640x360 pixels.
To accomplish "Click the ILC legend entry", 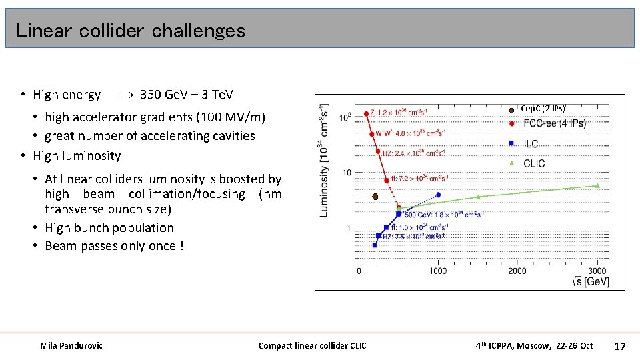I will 531,143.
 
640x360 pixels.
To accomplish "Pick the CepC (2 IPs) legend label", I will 543,108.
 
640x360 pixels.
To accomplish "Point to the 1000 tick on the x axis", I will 438,271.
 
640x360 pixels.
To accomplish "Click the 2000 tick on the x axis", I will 517,271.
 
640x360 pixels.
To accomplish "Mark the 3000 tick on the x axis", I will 597,271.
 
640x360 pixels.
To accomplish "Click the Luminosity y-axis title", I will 325,160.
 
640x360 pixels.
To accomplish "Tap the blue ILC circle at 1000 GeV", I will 438,195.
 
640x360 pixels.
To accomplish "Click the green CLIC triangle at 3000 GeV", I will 597,186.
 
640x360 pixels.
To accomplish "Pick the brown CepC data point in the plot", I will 375,197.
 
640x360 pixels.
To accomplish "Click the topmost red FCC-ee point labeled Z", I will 366,113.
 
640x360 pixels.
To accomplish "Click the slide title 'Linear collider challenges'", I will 131,30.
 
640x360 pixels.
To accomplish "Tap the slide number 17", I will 619,346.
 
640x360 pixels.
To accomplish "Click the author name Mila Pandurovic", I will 71,345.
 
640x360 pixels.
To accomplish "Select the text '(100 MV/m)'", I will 230,118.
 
